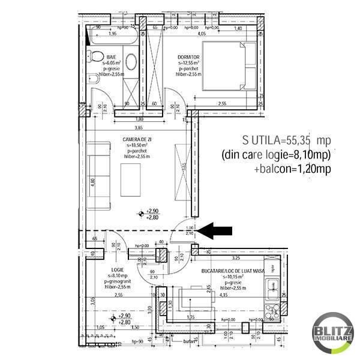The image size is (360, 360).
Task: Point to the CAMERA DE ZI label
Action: click(x=137, y=139)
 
